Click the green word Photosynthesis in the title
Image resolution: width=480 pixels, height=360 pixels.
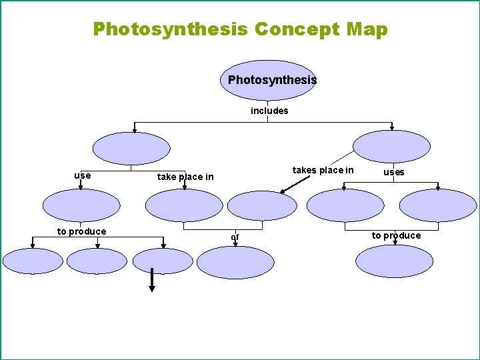pos(171,30)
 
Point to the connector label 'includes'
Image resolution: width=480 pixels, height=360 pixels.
pos(269,111)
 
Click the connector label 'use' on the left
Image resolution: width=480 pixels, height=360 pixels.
pos(83,175)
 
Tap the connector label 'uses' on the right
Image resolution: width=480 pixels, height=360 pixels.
pos(393,172)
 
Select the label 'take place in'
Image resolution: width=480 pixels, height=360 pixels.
pos(185,177)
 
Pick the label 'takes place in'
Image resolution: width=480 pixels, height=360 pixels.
pos(323,170)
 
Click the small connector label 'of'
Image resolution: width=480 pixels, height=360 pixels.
pos(235,237)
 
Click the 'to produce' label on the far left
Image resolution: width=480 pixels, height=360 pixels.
pos(81,231)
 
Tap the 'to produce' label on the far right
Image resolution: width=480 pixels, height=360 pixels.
pos(396,235)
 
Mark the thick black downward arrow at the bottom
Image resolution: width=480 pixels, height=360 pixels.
pos(152,280)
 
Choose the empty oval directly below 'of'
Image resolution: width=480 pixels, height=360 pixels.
pos(235,262)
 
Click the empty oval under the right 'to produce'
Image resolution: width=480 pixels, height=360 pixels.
pos(394,261)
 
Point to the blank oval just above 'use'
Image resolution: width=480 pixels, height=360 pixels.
pos(131,148)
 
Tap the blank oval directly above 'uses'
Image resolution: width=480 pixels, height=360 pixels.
pos(391,147)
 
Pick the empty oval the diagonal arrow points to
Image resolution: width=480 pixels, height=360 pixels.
pos(261,205)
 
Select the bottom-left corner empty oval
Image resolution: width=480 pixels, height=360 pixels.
pos(33,261)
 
